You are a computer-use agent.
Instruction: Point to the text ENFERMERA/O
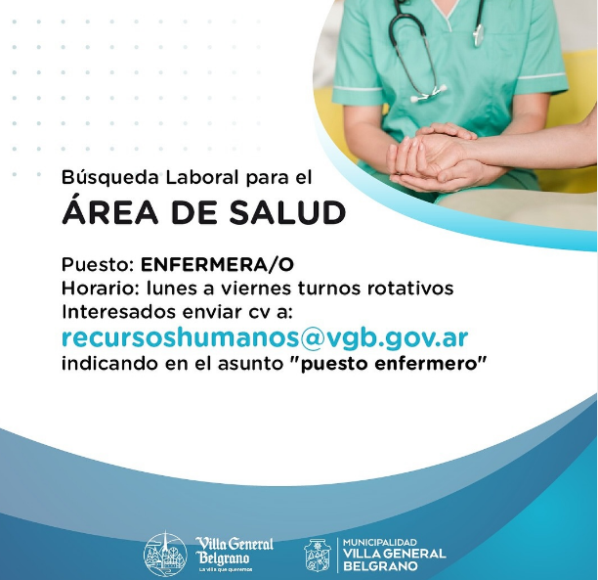pos(217,264)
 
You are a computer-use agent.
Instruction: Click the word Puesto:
pos(98,264)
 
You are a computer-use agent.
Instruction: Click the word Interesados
pos(114,313)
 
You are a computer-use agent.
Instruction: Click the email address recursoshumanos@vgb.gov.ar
pos(264,338)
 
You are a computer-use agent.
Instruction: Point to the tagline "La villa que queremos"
pos(225,568)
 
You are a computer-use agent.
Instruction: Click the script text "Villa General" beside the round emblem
pos(235,544)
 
